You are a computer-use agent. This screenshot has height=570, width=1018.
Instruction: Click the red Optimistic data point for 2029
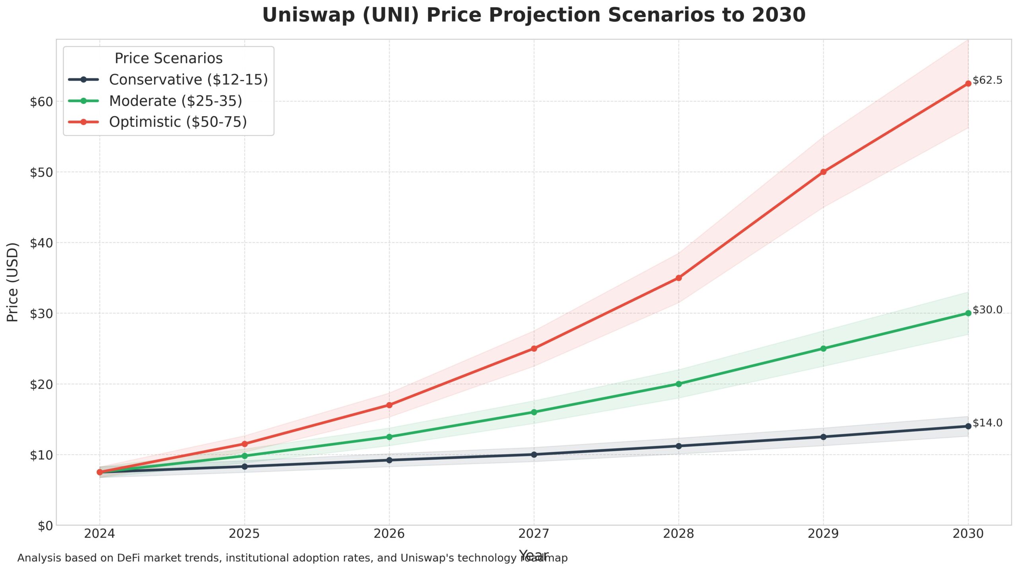pyautogui.click(x=823, y=172)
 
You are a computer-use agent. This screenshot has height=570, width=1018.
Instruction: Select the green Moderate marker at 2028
pyautogui.click(x=678, y=384)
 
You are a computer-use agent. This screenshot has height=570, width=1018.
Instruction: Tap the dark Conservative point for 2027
pyautogui.click(x=534, y=454)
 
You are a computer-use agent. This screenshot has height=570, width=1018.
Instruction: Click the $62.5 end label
pyautogui.click(x=987, y=80)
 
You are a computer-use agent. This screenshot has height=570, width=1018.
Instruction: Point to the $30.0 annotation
pyautogui.click(x=987, y=310)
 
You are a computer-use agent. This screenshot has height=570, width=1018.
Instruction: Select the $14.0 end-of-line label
pyautogui.click(x=987, y=423)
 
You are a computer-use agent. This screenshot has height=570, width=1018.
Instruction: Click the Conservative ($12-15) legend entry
pyautogui.click(x=188, y=80)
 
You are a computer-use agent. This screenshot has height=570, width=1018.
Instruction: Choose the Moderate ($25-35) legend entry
pyautogui.click(x=175, y=101)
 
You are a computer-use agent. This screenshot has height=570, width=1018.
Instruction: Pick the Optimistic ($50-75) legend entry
pyautogui.click(x=178, y=122)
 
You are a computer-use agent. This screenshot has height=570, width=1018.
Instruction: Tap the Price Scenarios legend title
pyautogui.click(x=168, y=58)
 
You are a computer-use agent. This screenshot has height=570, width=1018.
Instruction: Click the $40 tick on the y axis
pyautogui.click(x=41, y=243)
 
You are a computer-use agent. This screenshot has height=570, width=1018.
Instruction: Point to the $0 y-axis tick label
pyautogui.click(x=45, y=526)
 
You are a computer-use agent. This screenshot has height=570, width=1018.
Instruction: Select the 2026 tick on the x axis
pyautogui.click(x=389, y=533)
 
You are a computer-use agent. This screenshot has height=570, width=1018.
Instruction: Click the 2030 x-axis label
pyautogui.click(x=967, y=533)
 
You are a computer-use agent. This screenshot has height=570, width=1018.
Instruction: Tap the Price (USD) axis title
pyautogui.click(x=13, y=282)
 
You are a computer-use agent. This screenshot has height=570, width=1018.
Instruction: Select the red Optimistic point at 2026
pyautogui.click(x=389, y=405)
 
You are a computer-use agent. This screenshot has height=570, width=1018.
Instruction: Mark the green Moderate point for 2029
pyautogui.click(x=823, y=348)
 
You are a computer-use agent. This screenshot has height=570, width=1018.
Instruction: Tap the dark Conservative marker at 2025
pyautogui.click(x=244, y=466)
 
